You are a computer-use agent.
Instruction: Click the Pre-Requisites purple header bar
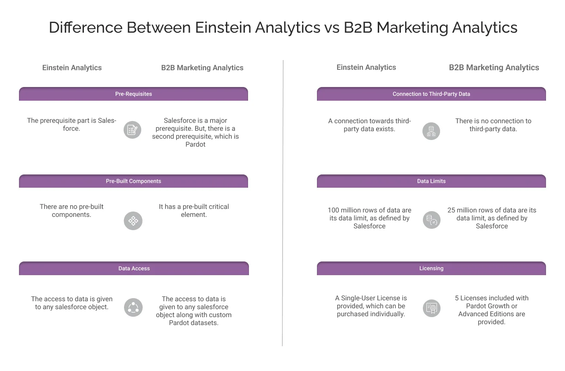[133, 94]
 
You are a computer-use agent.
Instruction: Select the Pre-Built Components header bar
[133, 181]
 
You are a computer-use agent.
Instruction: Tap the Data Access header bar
[134, 269]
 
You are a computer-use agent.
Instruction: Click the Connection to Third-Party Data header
[431, 94]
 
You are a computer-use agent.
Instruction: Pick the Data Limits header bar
[431, 181]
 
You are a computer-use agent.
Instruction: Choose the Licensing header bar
[431, 269]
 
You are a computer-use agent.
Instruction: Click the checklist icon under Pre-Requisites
[132, 130]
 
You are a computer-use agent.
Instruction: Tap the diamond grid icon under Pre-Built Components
[133, 220]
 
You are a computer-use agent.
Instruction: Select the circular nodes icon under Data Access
[133, 307]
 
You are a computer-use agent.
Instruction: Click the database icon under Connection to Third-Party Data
[431, 131]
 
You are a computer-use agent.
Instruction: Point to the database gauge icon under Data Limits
[431, 220]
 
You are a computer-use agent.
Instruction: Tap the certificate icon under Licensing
[431, 308]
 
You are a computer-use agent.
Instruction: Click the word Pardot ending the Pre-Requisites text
[196, 144]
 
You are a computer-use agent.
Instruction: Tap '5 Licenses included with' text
[492, 298]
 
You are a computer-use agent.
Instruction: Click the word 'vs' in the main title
[331, 27]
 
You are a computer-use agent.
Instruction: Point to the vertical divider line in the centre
[282, 203]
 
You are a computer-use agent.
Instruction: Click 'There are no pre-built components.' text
[72, 211]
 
